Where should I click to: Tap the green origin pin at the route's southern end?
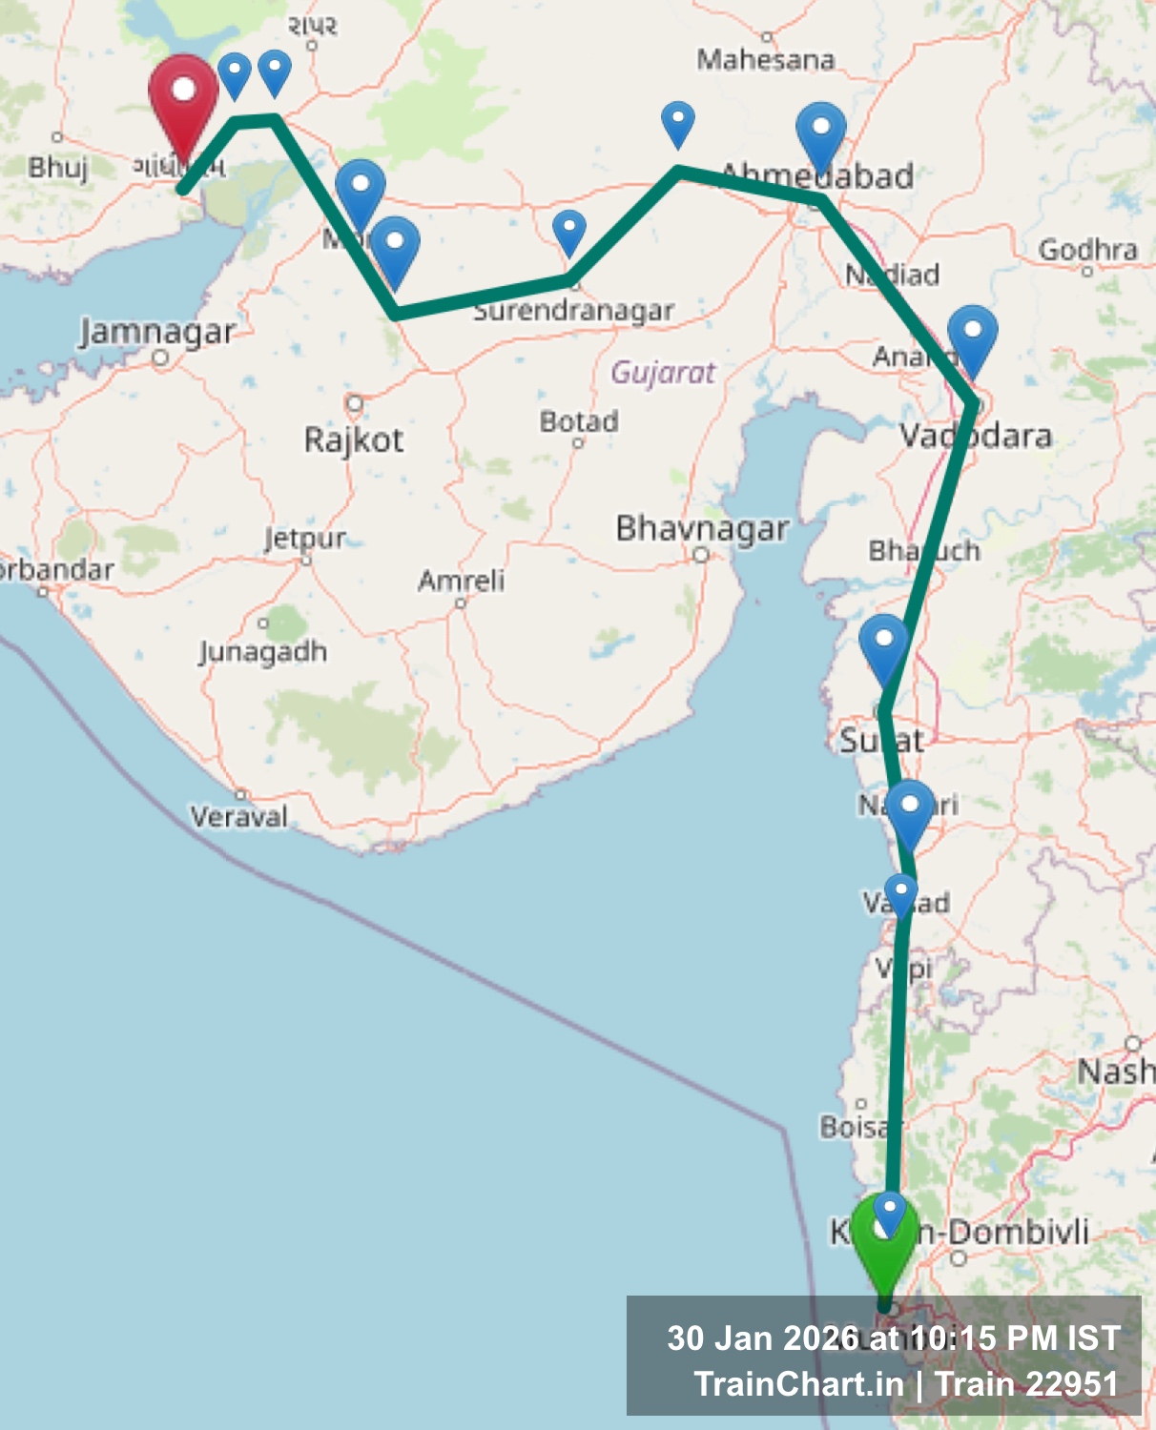884,1239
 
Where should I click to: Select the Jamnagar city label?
157,332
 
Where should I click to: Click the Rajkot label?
354,439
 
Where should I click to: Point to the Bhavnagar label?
702,528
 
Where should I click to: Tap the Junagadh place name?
263,652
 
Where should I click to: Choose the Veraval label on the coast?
238,816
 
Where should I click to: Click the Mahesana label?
765,59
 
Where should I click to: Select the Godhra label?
1087,250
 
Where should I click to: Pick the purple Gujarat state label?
663,372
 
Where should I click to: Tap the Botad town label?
579,420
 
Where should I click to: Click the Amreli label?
461,580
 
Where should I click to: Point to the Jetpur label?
305,539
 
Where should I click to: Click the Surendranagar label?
574,311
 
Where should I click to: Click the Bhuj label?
57,168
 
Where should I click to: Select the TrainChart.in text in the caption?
798,1383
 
